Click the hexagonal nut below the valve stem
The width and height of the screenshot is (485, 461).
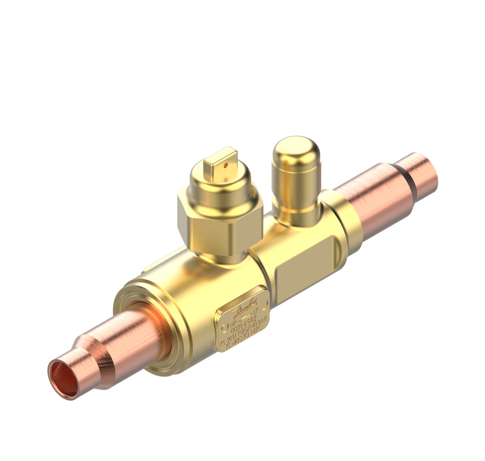pyautogui.click(x=220, y=221)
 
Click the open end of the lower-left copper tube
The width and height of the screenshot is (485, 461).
pyautogui.click(x=63, y=379)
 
